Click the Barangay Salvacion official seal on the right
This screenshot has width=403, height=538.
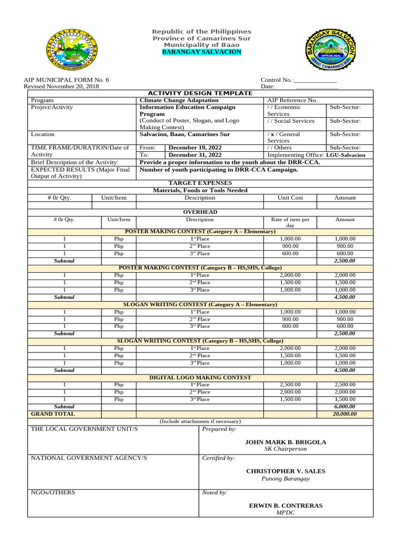331,51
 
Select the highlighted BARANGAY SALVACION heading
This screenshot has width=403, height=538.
201,52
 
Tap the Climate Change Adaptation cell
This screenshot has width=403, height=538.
178,100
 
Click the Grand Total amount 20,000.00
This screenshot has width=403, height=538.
345,414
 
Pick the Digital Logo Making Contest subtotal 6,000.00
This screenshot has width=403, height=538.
345,407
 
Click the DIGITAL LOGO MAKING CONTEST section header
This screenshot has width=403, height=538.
200,377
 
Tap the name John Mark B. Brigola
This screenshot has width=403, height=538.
285,442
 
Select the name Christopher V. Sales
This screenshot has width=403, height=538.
285,471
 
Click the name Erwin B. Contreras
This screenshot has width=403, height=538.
285,505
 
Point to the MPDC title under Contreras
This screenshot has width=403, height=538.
285,513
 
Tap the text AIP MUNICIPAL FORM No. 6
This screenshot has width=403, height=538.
67,80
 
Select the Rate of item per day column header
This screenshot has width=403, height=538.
290,222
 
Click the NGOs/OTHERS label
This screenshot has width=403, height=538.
53,492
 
